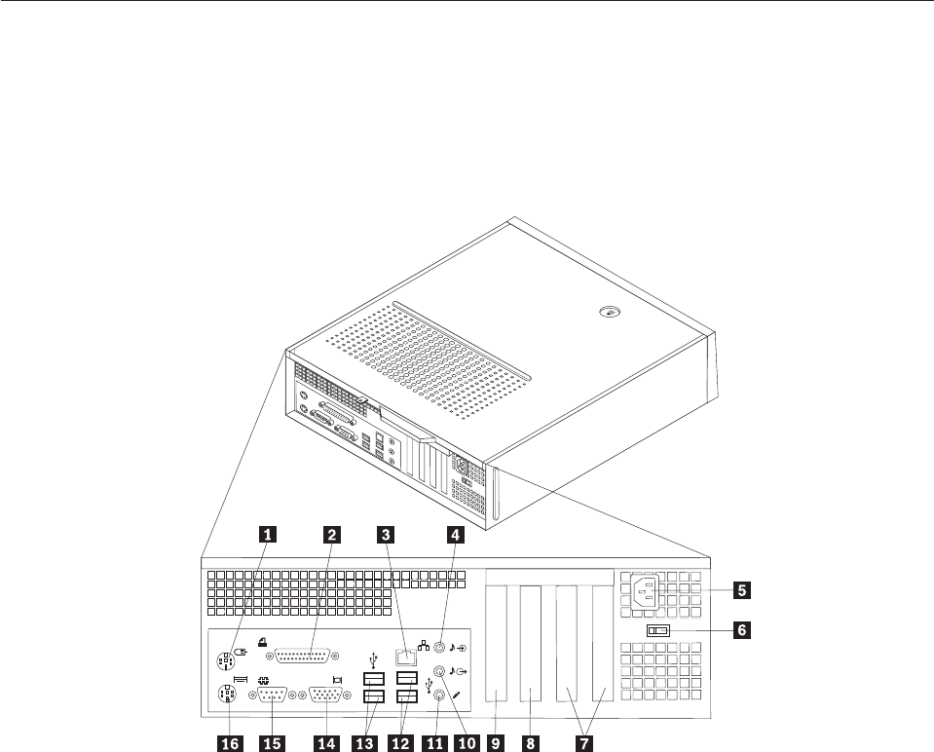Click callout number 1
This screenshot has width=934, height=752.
[x=265, y=533]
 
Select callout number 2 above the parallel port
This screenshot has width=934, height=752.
[x=333, y=533]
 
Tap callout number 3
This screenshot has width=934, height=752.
[x=388, y=533]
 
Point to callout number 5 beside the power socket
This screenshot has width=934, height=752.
[x=743, y=589]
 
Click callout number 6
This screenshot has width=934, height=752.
[x=743, y=629]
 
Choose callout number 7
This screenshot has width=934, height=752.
[x=584, y=741]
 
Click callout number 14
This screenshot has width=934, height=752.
[x=325, y=741]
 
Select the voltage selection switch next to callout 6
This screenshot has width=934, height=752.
[x=657, y=630]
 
